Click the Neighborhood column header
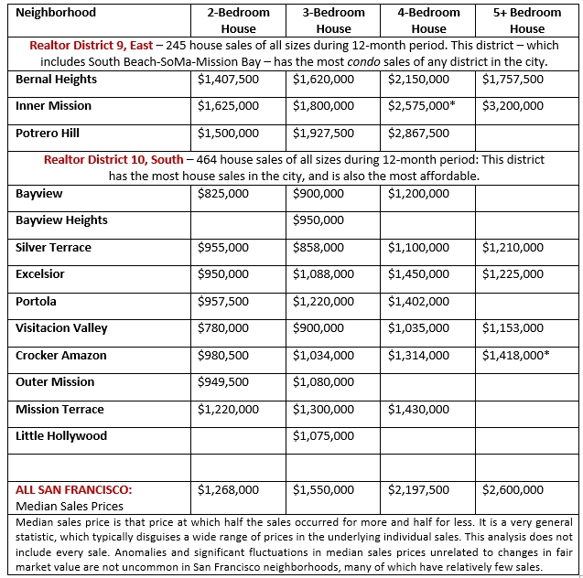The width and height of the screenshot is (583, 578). coord(56,14)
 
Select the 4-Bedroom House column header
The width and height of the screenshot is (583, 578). coord(428,20)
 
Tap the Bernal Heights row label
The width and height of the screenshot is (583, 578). coord(56,80)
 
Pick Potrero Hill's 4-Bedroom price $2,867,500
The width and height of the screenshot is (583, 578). coord(418,134)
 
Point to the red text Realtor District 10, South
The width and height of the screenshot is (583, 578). coord(113,160)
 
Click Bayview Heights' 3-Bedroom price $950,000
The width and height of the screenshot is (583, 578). coord(318,220)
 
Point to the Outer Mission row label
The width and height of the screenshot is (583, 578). coord(55,382)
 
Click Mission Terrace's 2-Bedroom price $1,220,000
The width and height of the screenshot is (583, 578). coord(228,410)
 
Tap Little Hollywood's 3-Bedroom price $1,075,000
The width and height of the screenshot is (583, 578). coord(323,436)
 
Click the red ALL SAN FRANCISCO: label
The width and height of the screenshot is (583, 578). coord(79,490)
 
